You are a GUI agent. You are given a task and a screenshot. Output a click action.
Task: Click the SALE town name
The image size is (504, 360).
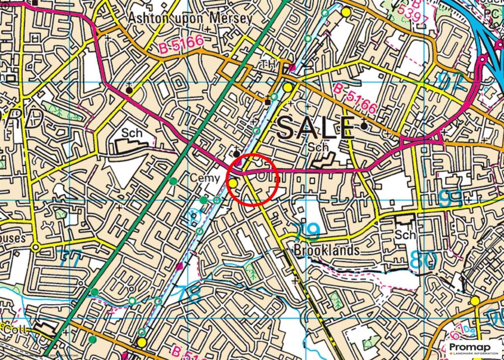315,129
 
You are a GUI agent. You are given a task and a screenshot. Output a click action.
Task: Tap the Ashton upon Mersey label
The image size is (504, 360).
190,18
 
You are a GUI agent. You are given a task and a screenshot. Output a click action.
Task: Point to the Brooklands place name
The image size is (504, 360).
326,250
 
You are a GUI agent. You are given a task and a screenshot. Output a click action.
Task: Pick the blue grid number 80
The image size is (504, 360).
422,260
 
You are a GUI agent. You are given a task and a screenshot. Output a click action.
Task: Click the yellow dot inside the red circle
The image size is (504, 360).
233,183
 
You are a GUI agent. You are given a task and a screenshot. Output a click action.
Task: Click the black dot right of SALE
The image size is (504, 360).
364,126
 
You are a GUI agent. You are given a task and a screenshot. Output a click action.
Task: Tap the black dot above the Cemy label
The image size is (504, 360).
237,154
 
